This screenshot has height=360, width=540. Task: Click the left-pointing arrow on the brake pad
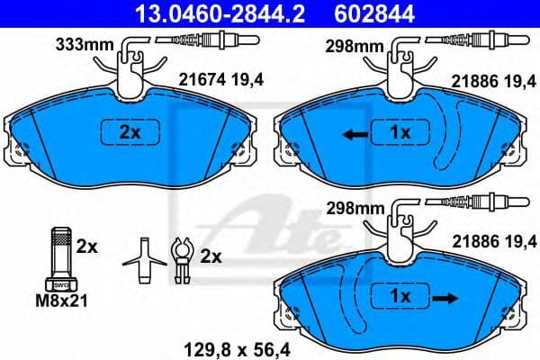353,133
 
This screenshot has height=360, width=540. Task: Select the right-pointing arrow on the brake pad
442,295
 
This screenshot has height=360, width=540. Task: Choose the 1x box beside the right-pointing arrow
399,295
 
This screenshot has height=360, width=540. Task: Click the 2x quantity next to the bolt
86,245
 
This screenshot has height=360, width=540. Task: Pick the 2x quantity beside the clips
211,256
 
